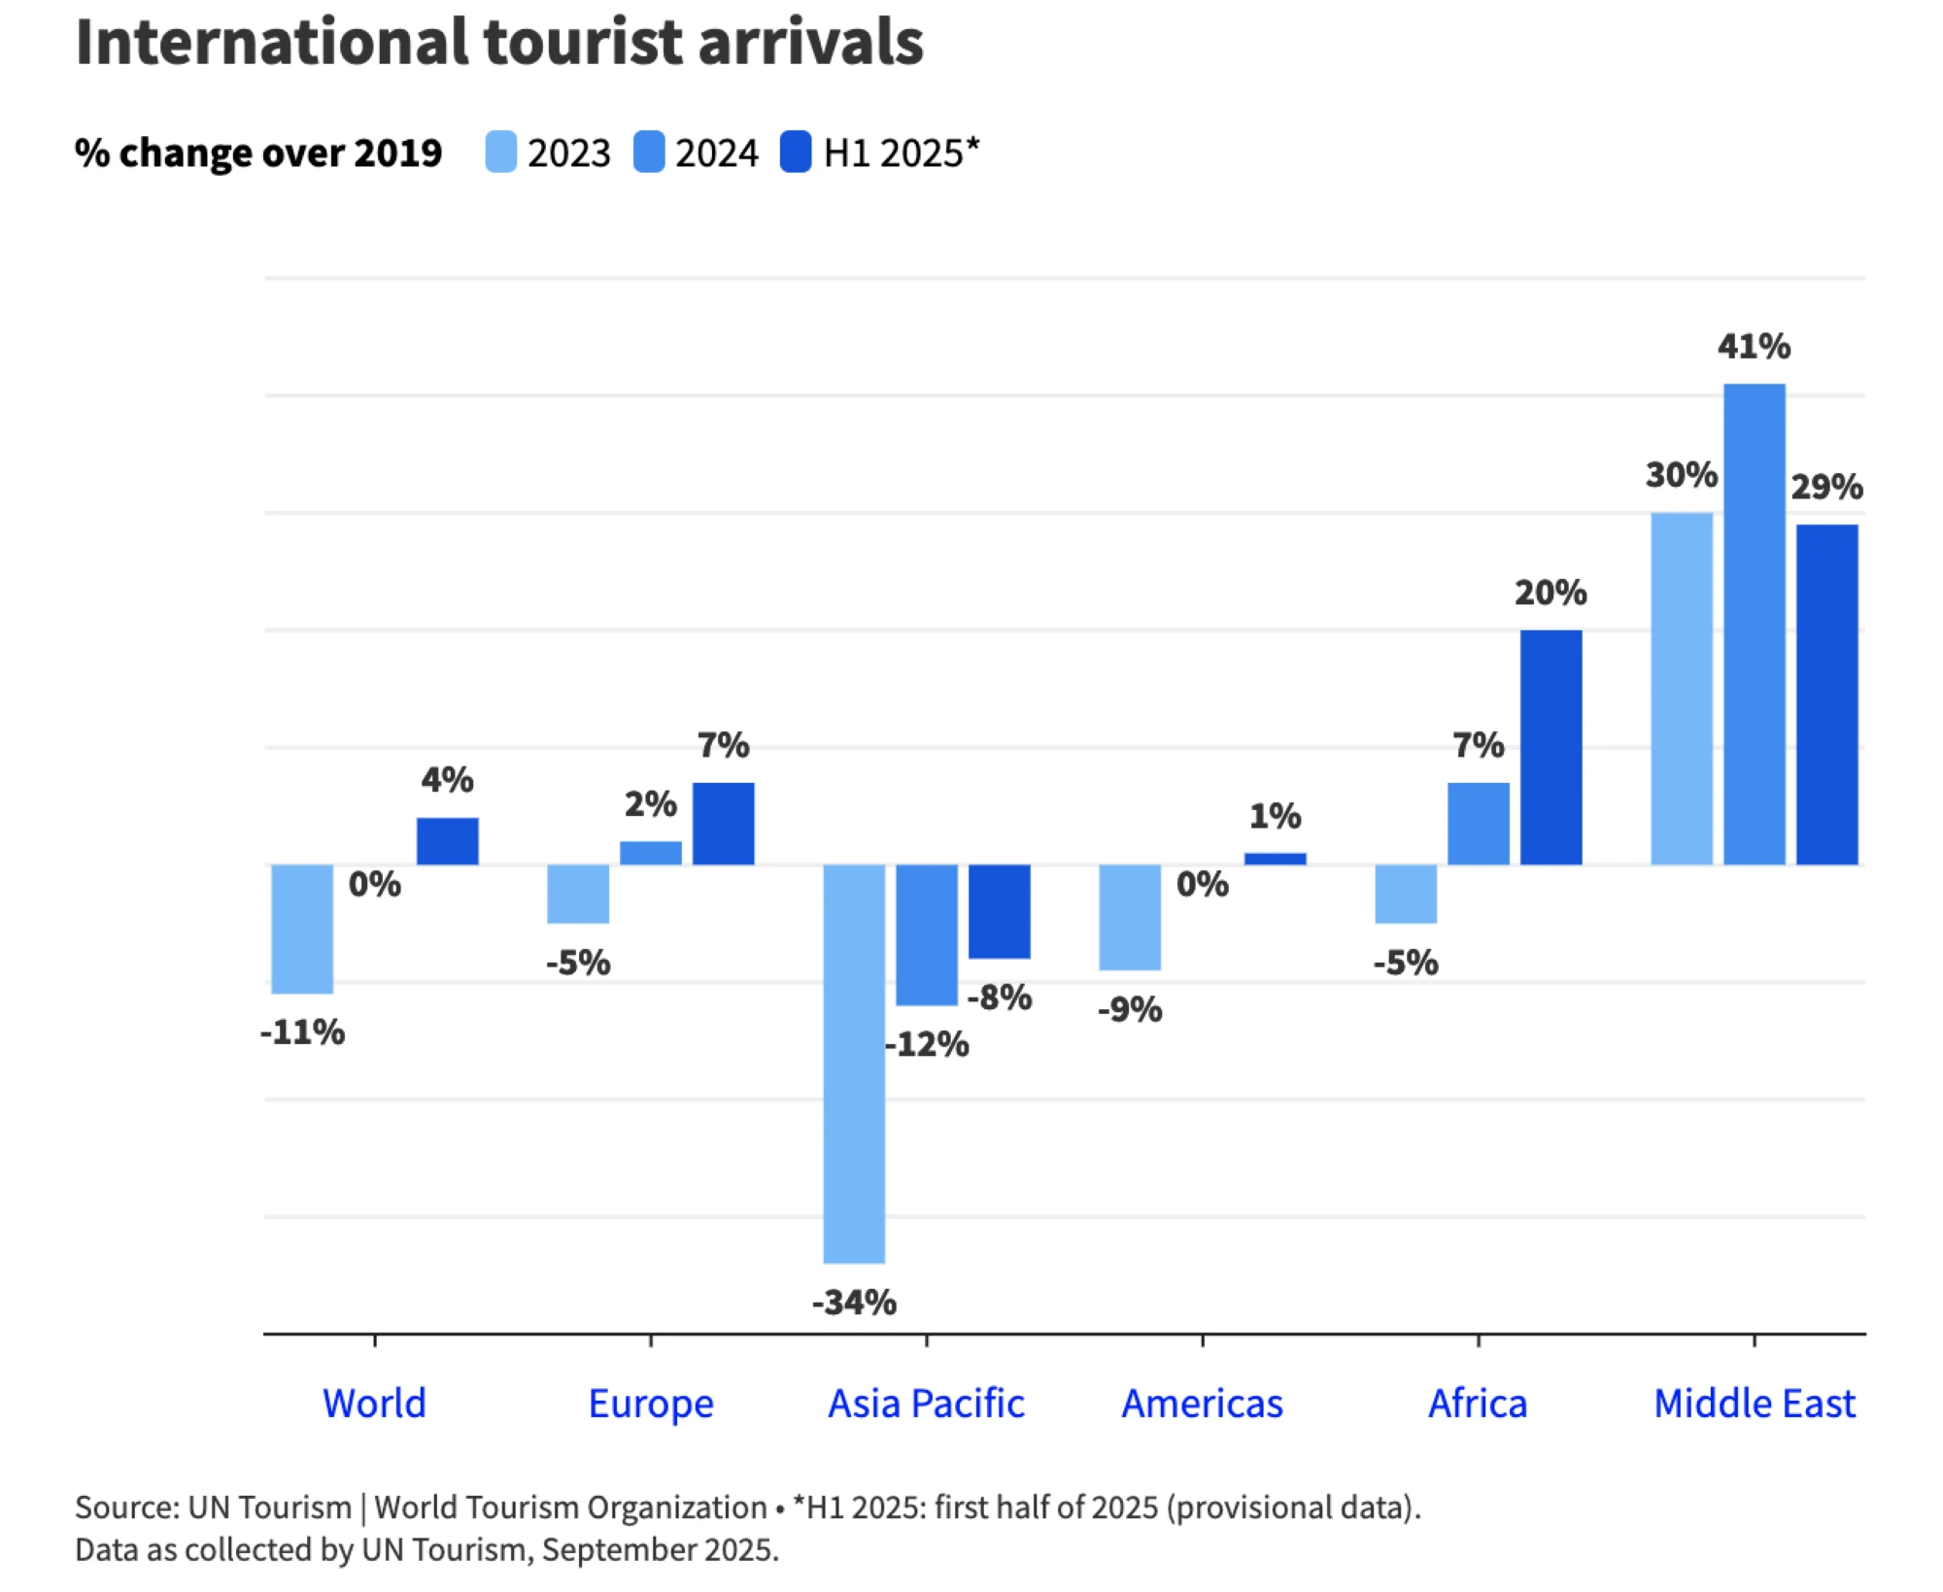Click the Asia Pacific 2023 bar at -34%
point(854,1064)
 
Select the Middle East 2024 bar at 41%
point(1755,624)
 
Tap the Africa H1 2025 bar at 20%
point(1551,747)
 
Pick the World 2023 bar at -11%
point(302,929)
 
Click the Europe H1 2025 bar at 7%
point(724,824)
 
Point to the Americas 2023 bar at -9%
point(1130,917)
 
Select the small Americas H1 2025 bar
point(1276,859)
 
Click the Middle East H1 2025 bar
point(1827,694)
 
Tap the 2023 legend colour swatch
point(501,152)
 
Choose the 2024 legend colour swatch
point(649,152)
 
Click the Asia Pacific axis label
point(926,1404)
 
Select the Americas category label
point(1203,1404)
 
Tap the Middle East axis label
point(1755,1404)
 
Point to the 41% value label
point(1755,346)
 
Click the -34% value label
point(854,1303)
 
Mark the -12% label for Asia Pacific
point(927,1044)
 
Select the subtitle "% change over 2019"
point(258,153)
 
